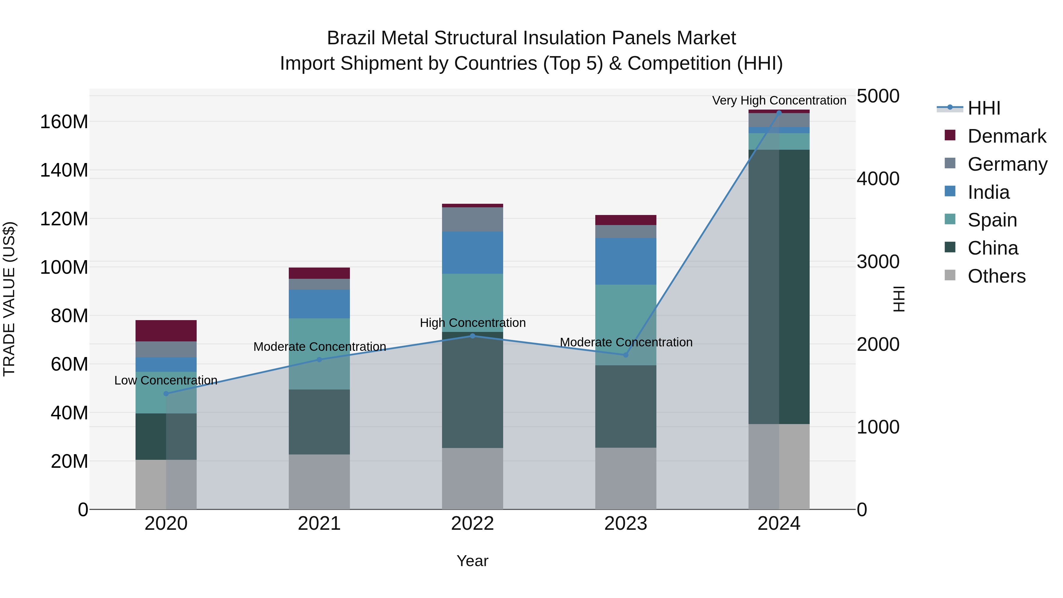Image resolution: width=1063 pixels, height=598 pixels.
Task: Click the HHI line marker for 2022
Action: click(x=472, y=336)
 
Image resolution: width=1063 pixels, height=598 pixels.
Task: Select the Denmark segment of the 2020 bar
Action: click(x=166, y=330)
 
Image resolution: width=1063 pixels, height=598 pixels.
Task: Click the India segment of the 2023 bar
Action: click(x=626, y=261)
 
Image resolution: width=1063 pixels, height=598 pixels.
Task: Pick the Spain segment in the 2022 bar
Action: click(x=472, y=302)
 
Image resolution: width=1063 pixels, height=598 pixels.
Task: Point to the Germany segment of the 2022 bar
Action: click(x=472, y=219)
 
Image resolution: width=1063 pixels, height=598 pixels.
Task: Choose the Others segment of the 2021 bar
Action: click(x=319, y=482)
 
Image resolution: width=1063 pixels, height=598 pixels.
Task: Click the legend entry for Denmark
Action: click(x=1007, y=136)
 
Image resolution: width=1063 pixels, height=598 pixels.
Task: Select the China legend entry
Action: click(x=992, y=248)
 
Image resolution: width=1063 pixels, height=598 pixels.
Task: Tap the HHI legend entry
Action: click(x=984, y=108)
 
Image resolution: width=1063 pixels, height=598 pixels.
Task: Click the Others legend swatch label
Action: click(x=996, y=276)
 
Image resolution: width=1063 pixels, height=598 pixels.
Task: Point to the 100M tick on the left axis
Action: click(x=64, y=267)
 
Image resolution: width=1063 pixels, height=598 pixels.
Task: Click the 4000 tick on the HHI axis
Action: click(x=878, y=179)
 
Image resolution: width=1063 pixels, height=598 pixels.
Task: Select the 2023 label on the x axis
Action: click(x=626, y=524)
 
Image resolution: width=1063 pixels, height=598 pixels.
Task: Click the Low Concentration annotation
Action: click(x=166, y=380)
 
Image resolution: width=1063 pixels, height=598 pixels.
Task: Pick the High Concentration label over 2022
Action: click(x=472, y=323)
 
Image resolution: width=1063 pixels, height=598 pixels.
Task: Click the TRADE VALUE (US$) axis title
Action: click(x=9, y=299)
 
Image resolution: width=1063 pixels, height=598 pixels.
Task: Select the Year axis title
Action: click(x=472, y=561)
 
